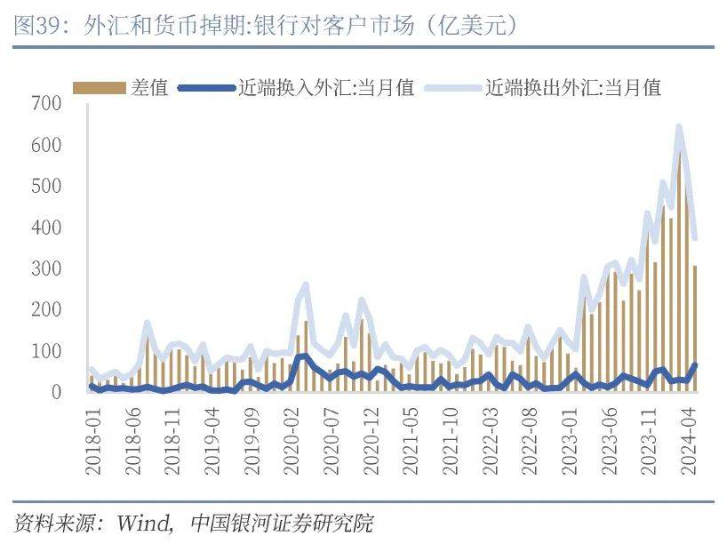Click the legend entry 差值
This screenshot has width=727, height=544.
pos(149,87)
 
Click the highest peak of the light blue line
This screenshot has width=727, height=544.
pos(679,127)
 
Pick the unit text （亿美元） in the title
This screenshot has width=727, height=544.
pos(470,26)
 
